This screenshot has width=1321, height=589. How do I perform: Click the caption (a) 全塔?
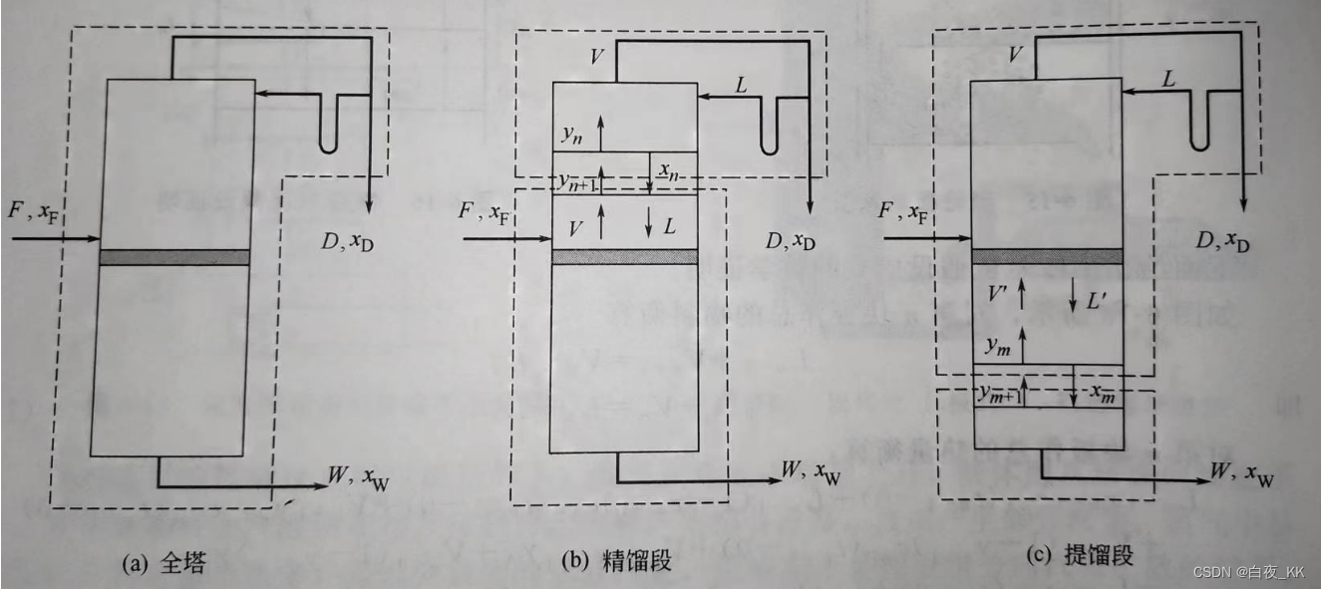pos(161,563)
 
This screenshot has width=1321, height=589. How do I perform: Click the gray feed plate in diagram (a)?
pos(174,257)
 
